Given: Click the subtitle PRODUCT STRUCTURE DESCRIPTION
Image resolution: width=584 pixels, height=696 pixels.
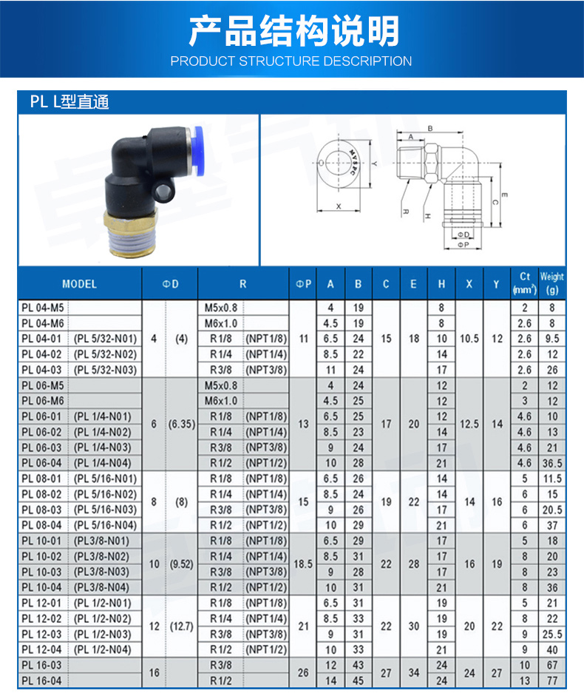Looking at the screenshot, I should (x=291, y=61).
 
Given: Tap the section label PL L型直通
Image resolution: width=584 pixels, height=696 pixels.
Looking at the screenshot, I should (x=69, y=102).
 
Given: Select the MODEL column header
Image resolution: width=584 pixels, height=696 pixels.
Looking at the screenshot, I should (x=79, y=284).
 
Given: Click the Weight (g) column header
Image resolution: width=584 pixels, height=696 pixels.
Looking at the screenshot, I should (x=551, y=284).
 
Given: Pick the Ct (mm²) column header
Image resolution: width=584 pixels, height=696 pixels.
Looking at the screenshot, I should (x=524, y=284).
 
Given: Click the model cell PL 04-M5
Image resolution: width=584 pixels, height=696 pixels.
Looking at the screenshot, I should (x=42, y=307).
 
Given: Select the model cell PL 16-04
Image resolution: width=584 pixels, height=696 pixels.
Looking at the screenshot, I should (x=42, y=680).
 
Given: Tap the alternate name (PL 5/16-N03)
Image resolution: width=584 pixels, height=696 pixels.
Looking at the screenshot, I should (x=105, y=510).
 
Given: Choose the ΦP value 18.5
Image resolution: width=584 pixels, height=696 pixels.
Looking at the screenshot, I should (x=303, y=564).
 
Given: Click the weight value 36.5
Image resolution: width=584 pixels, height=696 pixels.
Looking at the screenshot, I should (x=551, y=463).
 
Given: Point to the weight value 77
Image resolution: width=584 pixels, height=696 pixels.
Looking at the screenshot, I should (x=551, y=680).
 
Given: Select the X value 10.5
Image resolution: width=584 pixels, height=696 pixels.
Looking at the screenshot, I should (x=469, y=338).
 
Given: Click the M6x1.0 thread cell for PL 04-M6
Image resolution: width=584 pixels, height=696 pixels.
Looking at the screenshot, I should (x=220, y=322).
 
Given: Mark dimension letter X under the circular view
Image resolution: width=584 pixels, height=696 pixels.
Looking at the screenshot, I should (x=339, y=206).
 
